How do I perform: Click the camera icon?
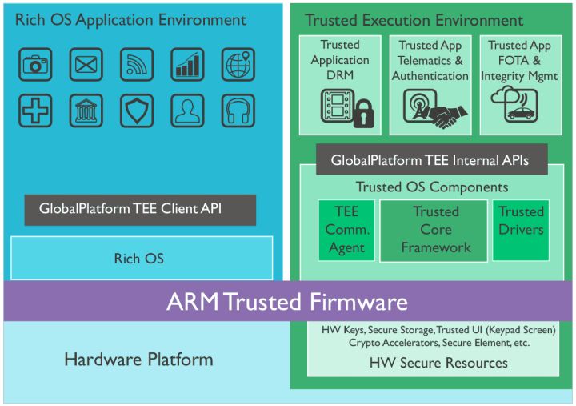pyautogui.click(x=35, y=64)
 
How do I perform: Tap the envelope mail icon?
pyautogui.click(x=86, y=64)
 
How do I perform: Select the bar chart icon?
pyautogui.click(x=187, y=64)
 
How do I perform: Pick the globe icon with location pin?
pyautogui.click(x=238, y=64)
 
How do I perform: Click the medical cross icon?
pyautogui.click(x=35, y=111)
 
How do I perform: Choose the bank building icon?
pyautogui.click(x=86, y=111)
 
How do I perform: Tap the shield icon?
pyautogui.click(x=137, y=111)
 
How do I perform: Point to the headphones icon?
pyautogui.click(x=238, y=111)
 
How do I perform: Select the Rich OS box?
pyautogui.click(x=141, y=258)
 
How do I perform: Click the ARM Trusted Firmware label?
pyautogui.click(x=287, y=302)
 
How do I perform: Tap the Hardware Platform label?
pyautogui.click(x=138, y=359)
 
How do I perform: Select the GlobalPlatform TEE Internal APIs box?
pyautogui.click(x=430, y=160)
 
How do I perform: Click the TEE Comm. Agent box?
pyautogui.click(x=346, y=230)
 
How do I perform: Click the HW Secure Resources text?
pyautogui.click(x=438, y=363)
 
